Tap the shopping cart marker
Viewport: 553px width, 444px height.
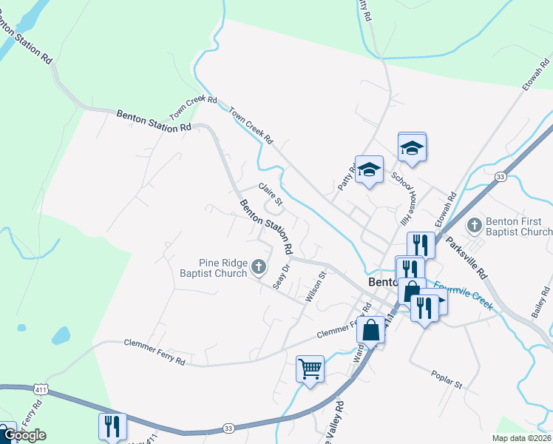[311, 368]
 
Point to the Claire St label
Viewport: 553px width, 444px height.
[270, 195]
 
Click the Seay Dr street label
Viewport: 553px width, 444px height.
[279, 277]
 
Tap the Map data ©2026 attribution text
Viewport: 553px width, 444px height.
[521, 438]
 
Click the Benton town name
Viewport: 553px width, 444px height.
[385, 282]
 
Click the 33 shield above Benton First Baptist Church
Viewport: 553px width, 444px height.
[501, 177]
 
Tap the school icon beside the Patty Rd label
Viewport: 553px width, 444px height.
[369, 169]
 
